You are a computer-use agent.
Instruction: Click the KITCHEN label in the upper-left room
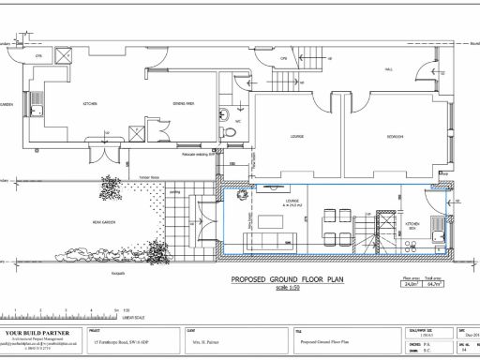click(90, 105)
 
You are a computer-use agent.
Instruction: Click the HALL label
click(389, 68)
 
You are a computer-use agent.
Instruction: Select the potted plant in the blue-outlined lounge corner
click(241, 195)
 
